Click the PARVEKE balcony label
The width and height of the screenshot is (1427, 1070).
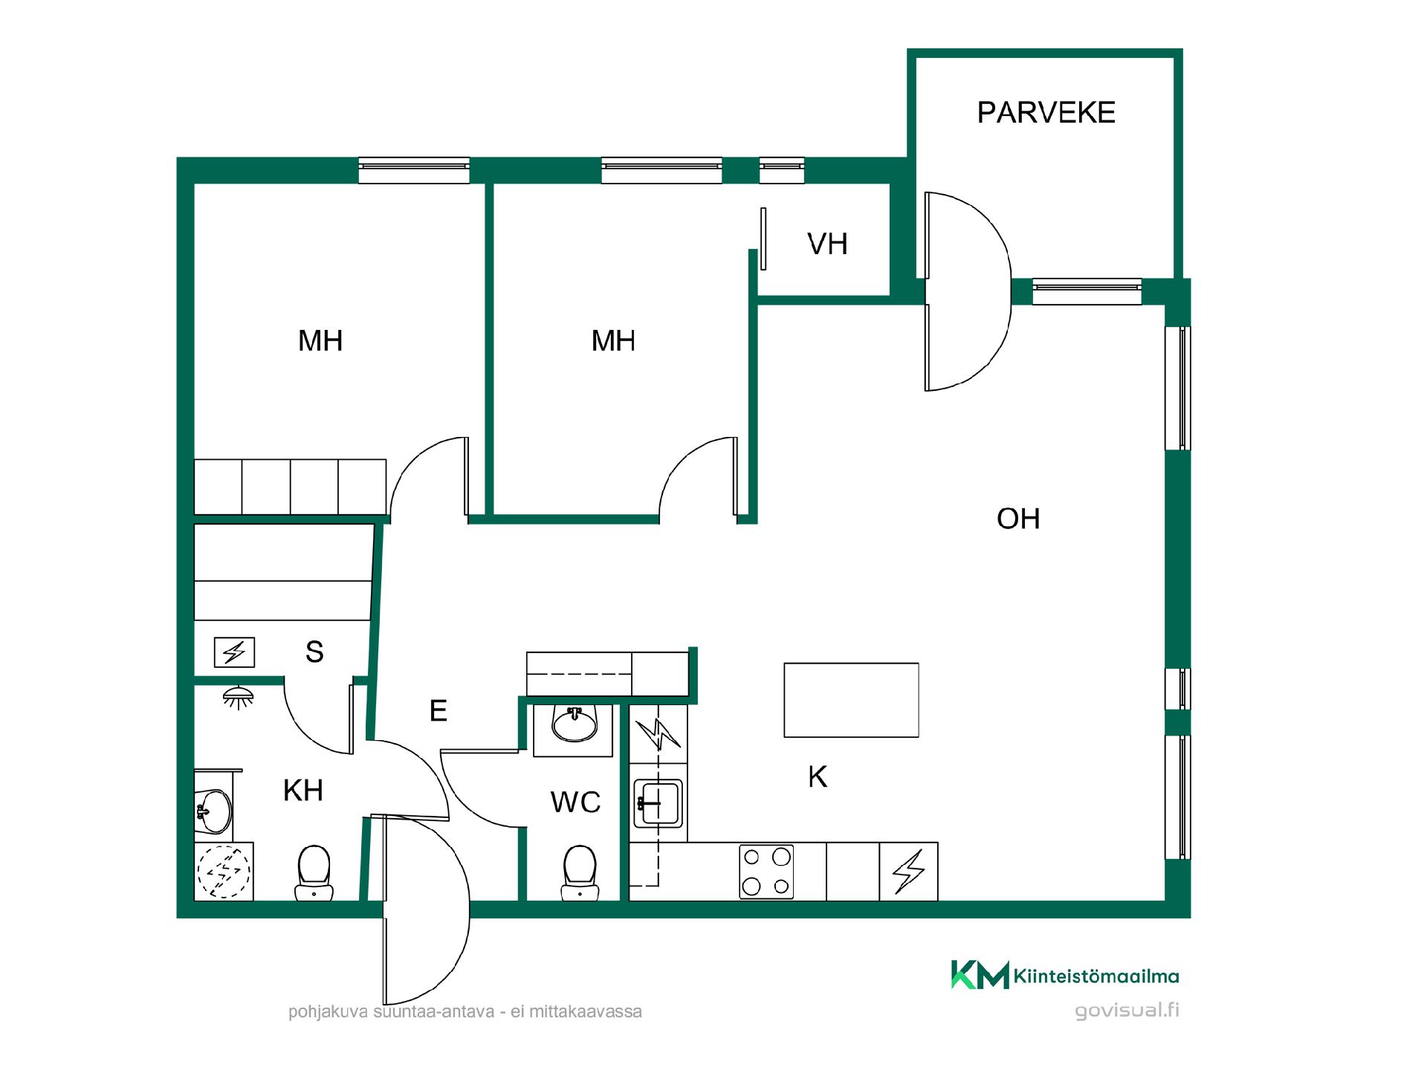1046,112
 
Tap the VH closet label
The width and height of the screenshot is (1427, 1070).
827,244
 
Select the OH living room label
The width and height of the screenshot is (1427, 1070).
1018,519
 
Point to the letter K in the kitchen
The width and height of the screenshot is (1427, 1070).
818,776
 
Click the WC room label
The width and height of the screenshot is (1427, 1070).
575,802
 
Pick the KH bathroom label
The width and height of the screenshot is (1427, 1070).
303,791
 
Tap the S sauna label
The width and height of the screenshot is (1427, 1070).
314,652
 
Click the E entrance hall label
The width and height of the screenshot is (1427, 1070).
439,711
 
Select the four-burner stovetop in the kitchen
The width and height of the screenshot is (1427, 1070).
766,872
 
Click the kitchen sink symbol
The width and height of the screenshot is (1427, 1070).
658,803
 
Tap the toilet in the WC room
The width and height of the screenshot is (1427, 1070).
580,872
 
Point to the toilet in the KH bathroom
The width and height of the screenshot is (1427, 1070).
314,872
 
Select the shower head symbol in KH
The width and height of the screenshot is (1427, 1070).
238,696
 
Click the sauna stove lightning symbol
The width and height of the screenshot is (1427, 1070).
234,652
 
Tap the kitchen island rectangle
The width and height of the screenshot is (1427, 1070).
851,700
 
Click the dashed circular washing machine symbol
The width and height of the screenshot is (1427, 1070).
224,872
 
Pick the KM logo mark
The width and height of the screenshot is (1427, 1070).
980,974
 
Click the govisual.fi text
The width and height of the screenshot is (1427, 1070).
1127,1011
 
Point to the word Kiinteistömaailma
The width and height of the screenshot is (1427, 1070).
1096,976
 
